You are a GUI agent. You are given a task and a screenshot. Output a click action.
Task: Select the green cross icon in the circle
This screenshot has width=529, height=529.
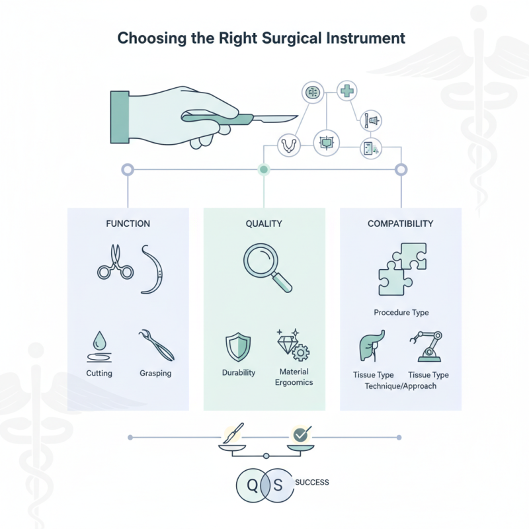click(346, 91)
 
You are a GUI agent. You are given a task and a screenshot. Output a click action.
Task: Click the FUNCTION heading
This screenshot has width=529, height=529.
click(128, 224)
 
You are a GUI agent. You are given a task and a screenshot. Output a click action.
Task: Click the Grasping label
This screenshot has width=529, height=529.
click(155, 374)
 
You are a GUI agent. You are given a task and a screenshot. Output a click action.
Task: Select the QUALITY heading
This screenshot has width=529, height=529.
click(263, 224)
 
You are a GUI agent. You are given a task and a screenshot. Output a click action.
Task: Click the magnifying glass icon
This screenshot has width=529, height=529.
click(266, 266)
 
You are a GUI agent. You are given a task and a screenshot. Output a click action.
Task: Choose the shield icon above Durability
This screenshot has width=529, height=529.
click(237, 346)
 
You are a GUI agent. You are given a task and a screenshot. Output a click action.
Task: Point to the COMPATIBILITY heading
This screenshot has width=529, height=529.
click(400, 224)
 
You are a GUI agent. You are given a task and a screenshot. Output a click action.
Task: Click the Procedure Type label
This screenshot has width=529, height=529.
click(401, 312)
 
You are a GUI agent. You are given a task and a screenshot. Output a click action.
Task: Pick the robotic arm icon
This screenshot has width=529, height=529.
click(428, 347)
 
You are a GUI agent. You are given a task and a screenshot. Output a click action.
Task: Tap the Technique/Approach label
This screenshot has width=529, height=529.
click(401, 386)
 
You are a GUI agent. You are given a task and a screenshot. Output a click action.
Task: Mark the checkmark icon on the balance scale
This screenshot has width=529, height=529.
click(301, 434)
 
